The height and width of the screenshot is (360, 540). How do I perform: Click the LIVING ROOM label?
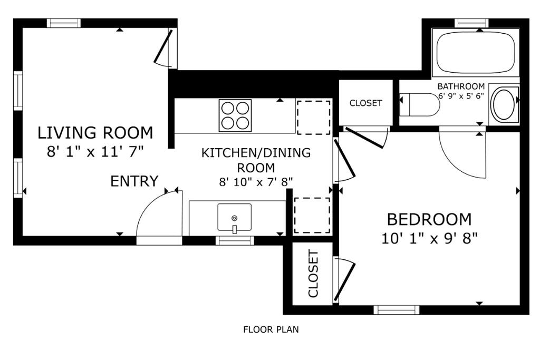tap(95, 133)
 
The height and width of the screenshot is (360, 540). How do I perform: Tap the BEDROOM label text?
tap(429, 220)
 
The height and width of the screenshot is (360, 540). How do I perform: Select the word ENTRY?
tap(134, 181)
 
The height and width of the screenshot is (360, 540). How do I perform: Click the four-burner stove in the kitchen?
tap(235, 115)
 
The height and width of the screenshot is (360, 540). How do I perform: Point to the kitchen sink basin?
tap(234, 217)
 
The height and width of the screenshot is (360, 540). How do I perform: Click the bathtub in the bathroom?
tap(476, 53)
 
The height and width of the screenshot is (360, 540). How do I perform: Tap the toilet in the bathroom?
tap(420, 105)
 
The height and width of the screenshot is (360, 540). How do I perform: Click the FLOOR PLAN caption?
tap(271, 330)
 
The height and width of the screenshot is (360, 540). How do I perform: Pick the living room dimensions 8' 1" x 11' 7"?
tap(95, 151)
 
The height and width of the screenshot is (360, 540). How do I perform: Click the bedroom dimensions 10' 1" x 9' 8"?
tap(430, 238)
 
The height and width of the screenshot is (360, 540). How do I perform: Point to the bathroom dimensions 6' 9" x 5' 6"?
tap(461, 96)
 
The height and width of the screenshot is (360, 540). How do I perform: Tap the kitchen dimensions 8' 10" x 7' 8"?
tap(256, 182)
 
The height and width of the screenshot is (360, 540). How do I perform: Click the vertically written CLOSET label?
tap(313, 274)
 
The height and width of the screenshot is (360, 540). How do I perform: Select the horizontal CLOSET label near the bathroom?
tap(366, 103)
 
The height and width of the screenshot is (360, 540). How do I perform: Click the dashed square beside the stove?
tap(313, 118)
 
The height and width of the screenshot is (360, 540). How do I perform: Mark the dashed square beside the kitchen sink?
tap(312, 216)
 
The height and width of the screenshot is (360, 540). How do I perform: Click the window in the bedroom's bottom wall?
tap(397, 310)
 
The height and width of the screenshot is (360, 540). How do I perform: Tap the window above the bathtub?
tap(472, 23)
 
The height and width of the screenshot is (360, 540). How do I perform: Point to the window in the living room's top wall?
tap(64, 23)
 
